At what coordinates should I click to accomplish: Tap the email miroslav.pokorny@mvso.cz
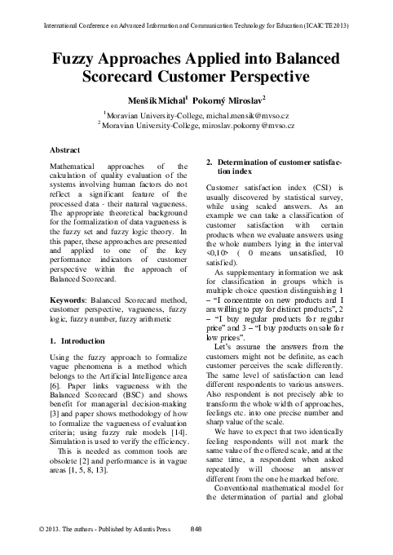coord(249,127)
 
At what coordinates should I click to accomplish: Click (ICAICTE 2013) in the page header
coord(324,26)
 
